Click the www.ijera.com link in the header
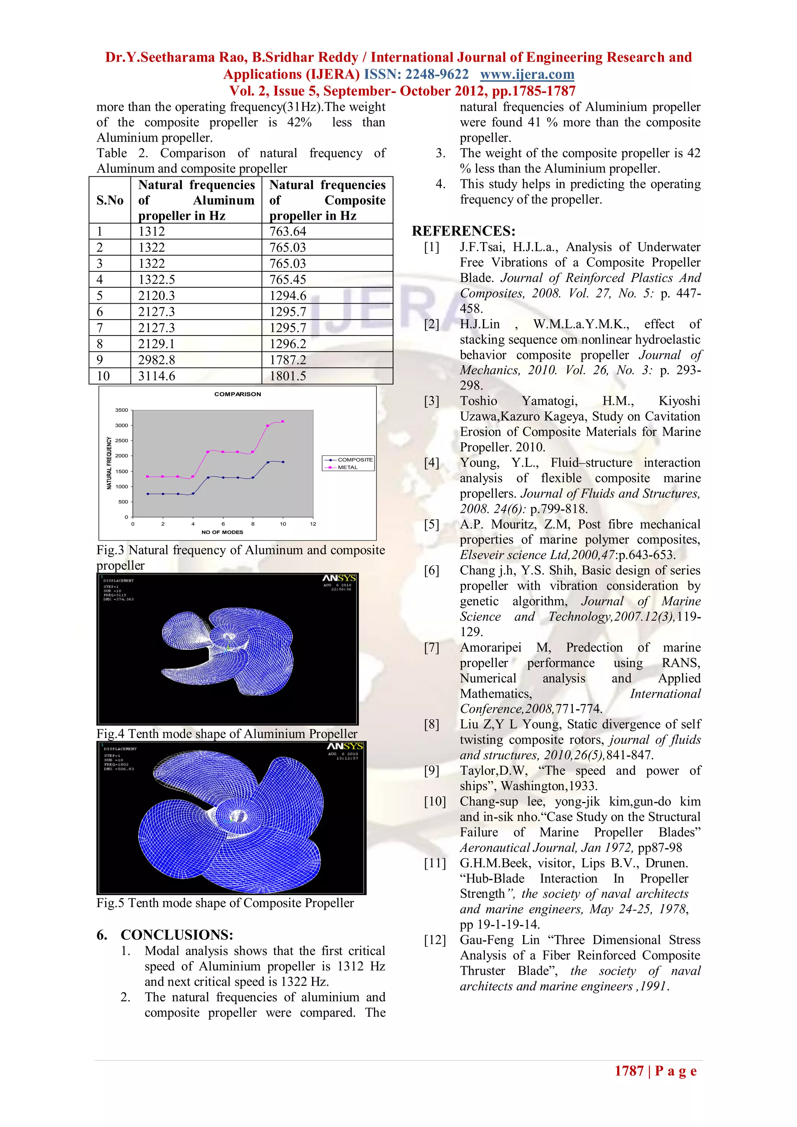coord(527,75)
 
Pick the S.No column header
coord(110,200)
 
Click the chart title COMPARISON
coord(237,394)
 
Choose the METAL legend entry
coord(348,467)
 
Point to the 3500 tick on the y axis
coord(121,410)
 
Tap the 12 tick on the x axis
coord(313,524)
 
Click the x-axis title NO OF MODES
coord(222,532)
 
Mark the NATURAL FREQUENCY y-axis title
coord(109,463)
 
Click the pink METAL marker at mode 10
coord(283,422)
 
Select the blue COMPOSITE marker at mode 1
coord(148,494)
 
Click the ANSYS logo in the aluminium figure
coord(339,578)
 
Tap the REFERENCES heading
coord(463,231)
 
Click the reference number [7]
coord(432,647)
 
